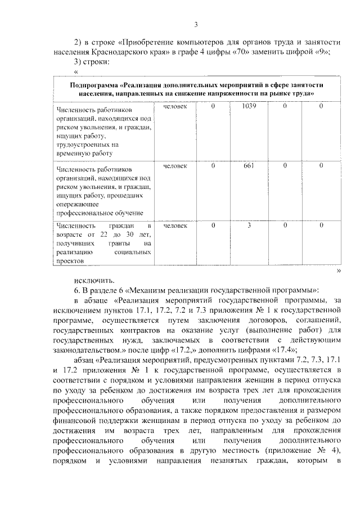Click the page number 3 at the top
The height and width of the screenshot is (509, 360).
pos(196,24)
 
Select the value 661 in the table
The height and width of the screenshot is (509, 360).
pos(249,165)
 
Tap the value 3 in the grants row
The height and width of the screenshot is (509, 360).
pos(249,225)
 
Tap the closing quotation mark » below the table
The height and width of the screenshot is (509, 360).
pos(339,270)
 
